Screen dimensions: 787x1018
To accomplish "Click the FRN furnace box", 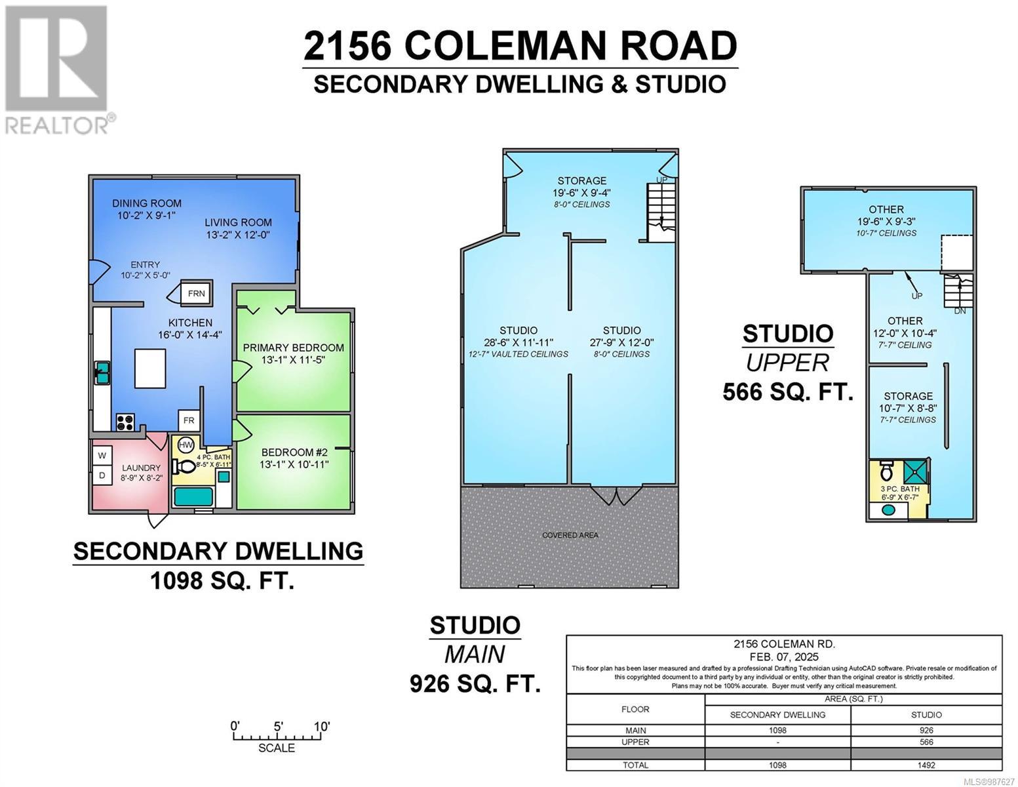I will pos(197,293).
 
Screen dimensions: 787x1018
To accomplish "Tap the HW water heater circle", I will pos(186,445).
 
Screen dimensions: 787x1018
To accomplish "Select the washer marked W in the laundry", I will pos(102,455).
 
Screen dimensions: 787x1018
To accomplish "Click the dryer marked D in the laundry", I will pos(102,475).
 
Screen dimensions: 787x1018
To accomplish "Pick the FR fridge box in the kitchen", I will pos(188,420).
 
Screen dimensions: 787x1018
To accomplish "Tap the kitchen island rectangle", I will pos(149,368).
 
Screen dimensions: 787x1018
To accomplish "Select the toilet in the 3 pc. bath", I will pos(886,472).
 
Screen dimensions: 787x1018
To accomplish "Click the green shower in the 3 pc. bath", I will pos(913,472).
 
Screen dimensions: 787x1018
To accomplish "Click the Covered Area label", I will pos(570,535).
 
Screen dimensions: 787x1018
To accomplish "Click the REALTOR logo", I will pos(58,69).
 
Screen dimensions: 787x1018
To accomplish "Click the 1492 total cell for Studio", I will pos(926,765).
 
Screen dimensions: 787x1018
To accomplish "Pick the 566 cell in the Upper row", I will pos(926,742).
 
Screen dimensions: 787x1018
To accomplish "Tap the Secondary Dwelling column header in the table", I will pos(777,714).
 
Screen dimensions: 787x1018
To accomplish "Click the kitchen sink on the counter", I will pos(102,373).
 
